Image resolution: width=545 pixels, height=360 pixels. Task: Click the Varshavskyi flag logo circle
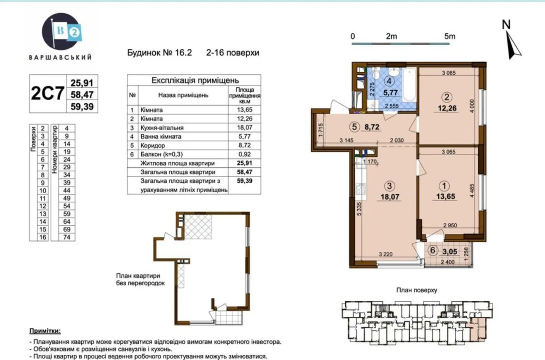(x=61, y=31)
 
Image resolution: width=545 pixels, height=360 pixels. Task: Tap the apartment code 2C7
(x=47, y=93)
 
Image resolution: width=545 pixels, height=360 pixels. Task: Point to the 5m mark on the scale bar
(x=450, y=36)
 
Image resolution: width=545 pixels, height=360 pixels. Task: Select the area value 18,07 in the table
(x=244, y=127)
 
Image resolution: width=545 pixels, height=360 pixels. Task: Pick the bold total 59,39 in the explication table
(x=244, y=181)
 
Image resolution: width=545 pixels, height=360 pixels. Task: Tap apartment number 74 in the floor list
(x=67, y=237)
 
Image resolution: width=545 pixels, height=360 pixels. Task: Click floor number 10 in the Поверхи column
(x=43, y=191)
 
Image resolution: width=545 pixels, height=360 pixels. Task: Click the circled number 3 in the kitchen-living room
(x=389, y=186)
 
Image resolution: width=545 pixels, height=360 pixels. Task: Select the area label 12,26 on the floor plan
(x=447, y=108)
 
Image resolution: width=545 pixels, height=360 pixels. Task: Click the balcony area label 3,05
(x=450, y=252)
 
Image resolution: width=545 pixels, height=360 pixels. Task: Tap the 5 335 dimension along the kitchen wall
(x=359, y=209)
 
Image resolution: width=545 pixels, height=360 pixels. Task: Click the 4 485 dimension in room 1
(x=472, y=191)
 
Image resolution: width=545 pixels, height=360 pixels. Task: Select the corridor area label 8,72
(x=372, y=127)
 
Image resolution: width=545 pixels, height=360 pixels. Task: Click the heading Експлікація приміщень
(x=195, y=80)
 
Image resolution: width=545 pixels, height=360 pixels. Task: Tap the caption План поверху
(x=416, y=290)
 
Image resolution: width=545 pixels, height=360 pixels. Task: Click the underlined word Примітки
(x=45, y=331)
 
